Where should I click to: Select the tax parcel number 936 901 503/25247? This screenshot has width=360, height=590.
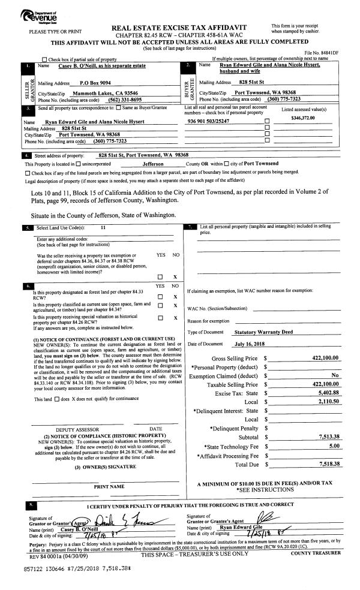(211, 121)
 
